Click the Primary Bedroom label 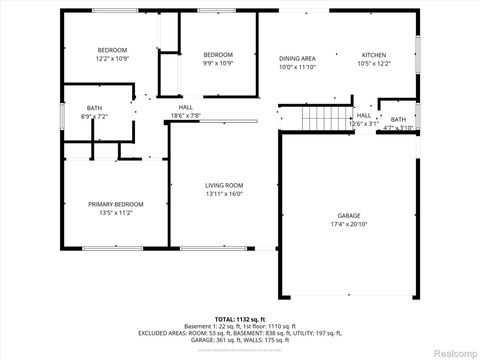(x=110, y=204)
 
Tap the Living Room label (x=224, y=185)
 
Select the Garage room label (x=348, y=215)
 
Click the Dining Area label (x=297, y=59)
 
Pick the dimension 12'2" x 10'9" (x=111, y=59)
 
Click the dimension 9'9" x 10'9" (x=217, y=64)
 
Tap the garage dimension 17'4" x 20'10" (x=348, y=224)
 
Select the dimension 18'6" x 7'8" (x=186, y=116)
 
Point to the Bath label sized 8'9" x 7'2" (x=94, y=107)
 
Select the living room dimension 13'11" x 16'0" (x=224, y=194)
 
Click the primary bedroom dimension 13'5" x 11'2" (x=110, y=213)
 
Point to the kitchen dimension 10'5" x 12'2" (x=374, y=64)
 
